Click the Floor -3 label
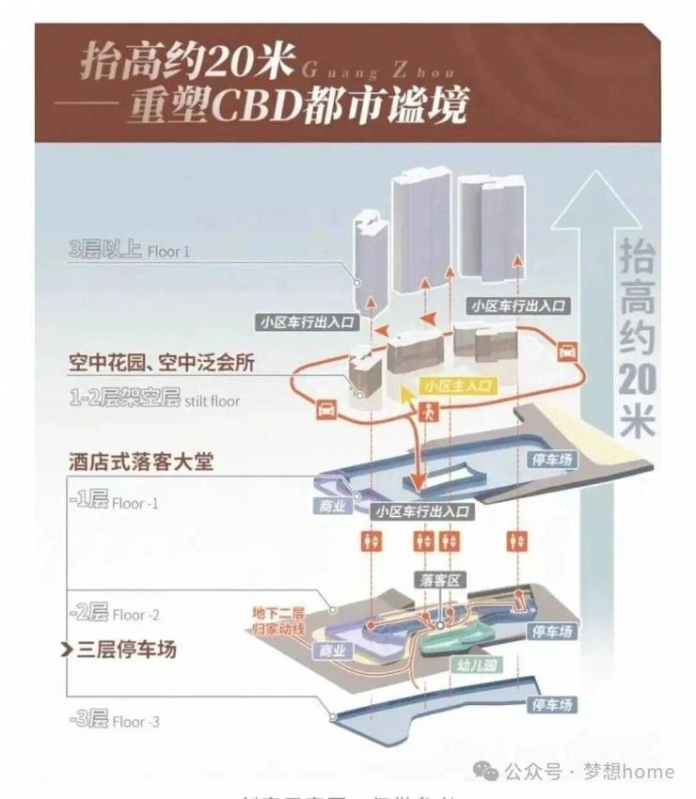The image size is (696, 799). point(135,722)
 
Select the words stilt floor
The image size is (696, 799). point(212,401)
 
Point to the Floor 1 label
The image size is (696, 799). point(168,252)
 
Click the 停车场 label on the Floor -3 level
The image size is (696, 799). point(553,704)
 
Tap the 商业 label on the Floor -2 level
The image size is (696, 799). point(333,650)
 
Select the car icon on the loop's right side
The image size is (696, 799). point(566,352)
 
